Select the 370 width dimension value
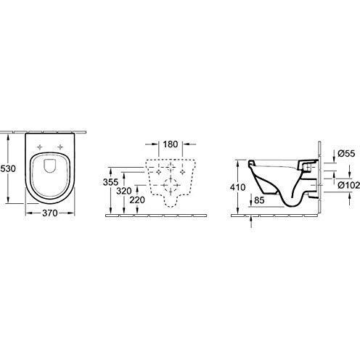click(49, 214)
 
